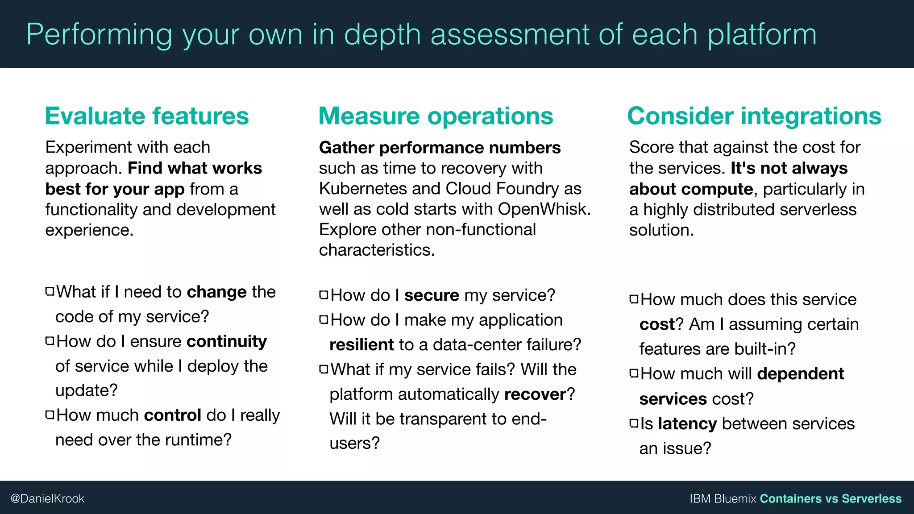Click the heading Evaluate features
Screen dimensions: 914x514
pos(147,116)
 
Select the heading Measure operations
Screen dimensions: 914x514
pos(436,116)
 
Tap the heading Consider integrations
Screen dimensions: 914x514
pos(754,116)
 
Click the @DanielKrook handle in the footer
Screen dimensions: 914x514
pos(47,498)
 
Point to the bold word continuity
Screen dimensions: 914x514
pos(227,341)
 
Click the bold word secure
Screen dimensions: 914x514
pos(432,295)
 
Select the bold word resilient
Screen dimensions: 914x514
pos(361,345)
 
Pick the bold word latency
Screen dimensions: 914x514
pos(687,424)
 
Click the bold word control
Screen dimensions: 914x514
pos(173,415)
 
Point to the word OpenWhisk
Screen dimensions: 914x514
pos(544,209)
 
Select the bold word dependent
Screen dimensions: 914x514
pos(801,374)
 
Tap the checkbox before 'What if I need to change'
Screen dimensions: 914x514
pos(50,292)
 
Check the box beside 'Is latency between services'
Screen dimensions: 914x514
pos(634,423)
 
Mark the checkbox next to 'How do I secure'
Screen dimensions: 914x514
pos(324,294)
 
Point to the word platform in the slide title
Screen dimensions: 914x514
pos(762,35)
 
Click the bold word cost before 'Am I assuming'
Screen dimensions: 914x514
pos(657,324)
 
